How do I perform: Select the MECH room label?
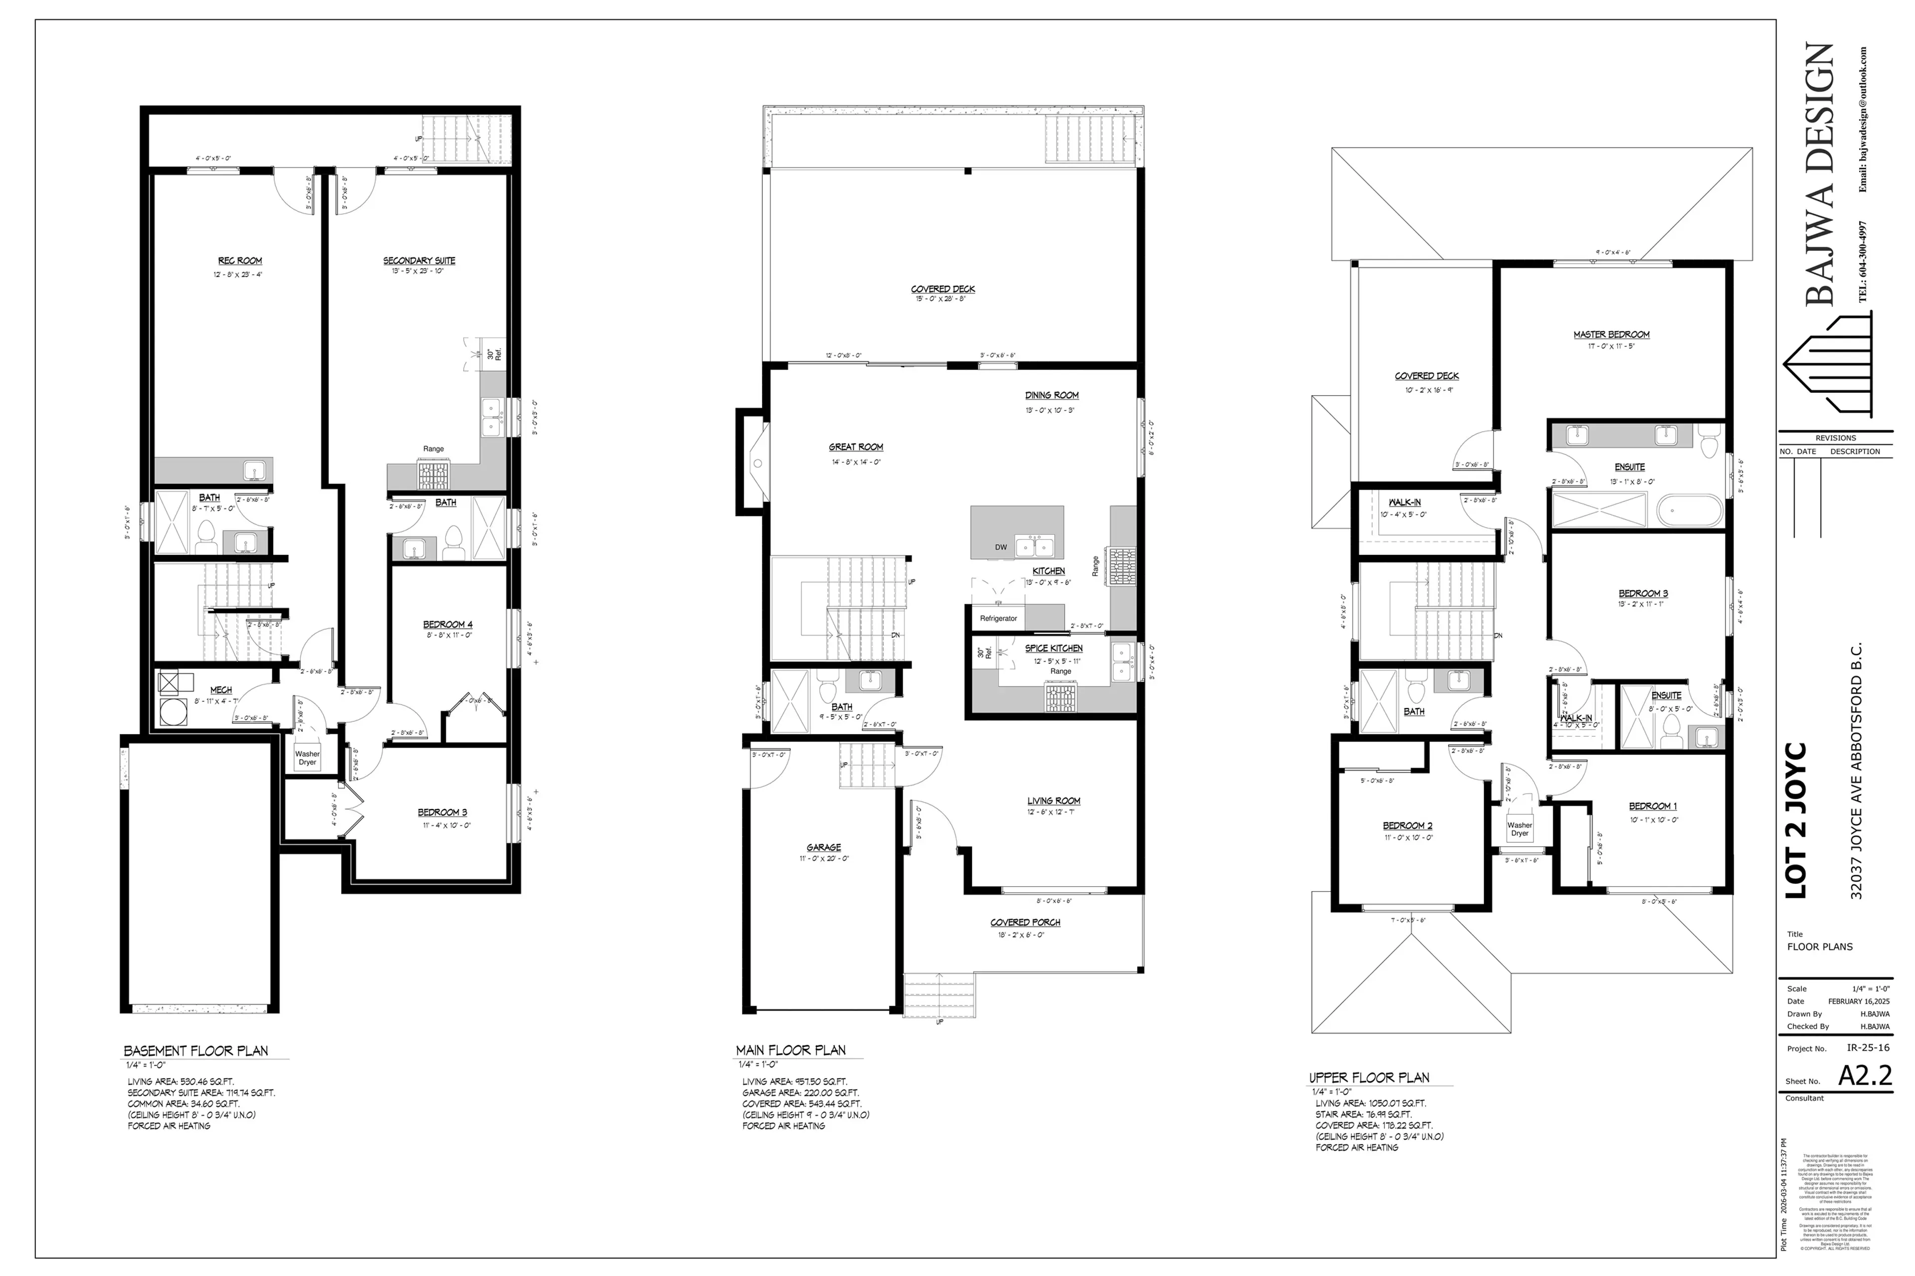[x=220, y=690]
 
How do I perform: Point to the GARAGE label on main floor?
[x=824, y=847]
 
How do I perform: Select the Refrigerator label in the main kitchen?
[x=998, y=619]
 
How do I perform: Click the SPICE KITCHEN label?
[x=1054, y=648]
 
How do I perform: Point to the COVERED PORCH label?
[x=1025, y=923]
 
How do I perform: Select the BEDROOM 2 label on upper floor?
[x=1408, y=826]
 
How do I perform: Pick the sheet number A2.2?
[x=1865, y=1075]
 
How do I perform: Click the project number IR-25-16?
[x=1868, y=1048]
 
